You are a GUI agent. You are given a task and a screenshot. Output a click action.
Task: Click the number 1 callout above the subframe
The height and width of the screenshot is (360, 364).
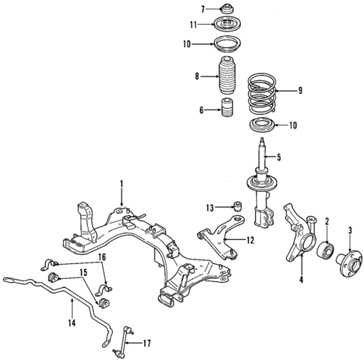119,183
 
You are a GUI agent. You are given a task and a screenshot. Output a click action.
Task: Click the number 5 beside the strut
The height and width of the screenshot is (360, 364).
279,157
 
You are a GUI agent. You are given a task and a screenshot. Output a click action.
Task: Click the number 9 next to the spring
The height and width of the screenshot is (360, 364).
300,91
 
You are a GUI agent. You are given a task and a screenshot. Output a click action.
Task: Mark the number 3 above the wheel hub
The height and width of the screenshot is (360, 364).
350,229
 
